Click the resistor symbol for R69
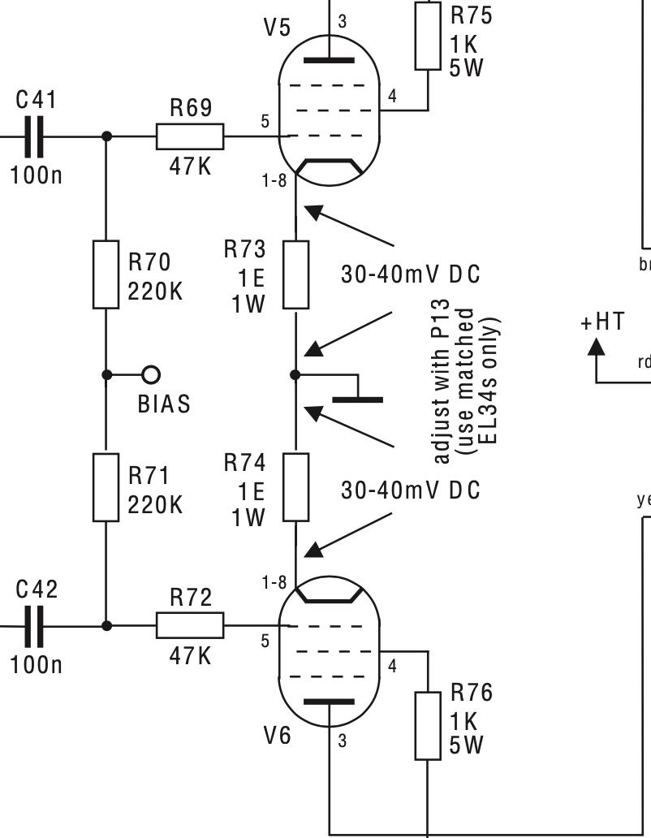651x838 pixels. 189,137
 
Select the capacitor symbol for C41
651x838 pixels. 33,137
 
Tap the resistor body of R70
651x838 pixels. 106,274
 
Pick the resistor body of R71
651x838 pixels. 106,487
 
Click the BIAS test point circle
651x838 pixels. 151,374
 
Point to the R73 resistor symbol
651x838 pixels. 296,274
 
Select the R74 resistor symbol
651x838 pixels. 296,487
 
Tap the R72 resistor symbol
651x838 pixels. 189,626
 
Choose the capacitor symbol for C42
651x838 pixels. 33,626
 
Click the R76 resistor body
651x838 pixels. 428,726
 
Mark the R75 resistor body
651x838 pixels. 428,34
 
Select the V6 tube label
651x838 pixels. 276,736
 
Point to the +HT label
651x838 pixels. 602,322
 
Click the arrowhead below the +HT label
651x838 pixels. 597,346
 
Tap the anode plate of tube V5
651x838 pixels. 330,58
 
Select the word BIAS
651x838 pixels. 164,404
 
